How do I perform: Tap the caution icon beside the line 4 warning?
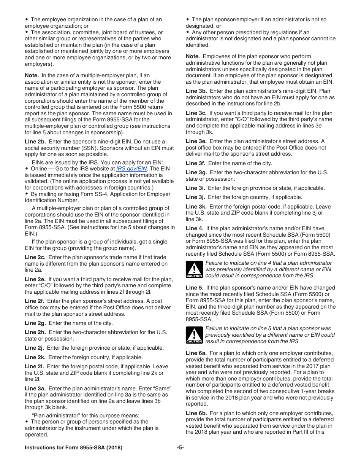(x=194, y=269)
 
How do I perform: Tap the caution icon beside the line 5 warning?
(x=194, y=335)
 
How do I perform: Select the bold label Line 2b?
(x=35, y=142)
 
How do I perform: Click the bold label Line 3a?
(x=35, y=388)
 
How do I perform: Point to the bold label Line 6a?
(x=196, y=353)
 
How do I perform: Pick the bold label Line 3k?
(x=196, y=207)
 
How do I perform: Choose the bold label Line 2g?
(x=35, y=323)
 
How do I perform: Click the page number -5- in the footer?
(x=180, y=448)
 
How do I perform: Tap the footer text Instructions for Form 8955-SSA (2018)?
(x=73, y=448)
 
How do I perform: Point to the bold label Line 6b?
(x=196, y=413)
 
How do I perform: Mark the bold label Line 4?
(x=194, y=228)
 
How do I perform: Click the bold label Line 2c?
(x=35, y=257)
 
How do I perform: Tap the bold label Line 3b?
(x=196, y=91)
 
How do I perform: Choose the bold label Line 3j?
(x=195, y=197)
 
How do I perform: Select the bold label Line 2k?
(x=35, y=357)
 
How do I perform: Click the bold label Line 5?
(x=194, y=288)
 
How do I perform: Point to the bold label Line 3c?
(x=196, y=113)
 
